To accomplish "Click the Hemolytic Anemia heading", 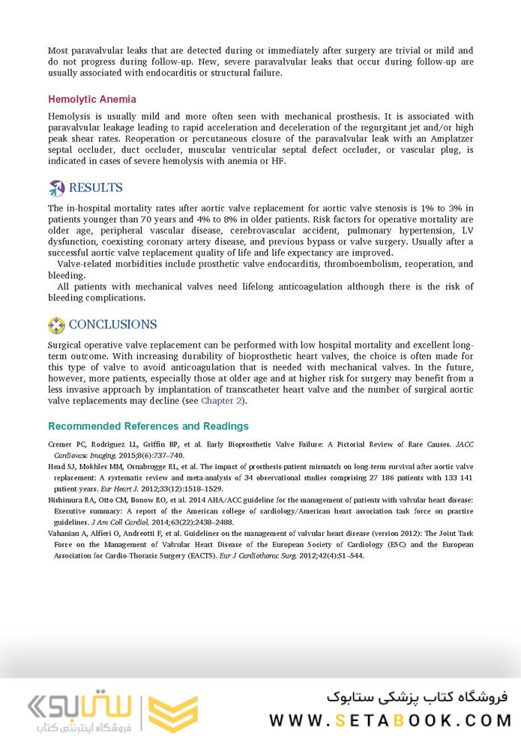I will tap(92, 99).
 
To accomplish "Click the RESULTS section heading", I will tap(95, 187).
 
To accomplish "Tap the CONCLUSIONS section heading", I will tap(112, 325).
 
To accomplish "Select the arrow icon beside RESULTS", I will tap(56, 187).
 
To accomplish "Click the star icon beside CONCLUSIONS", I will tap(56, 325).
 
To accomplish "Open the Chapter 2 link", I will tap(222, 400).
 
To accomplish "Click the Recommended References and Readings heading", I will tap(148, 426).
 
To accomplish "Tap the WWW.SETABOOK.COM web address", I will tap(390, 720).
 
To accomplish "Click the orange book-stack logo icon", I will tap(173, 713).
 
